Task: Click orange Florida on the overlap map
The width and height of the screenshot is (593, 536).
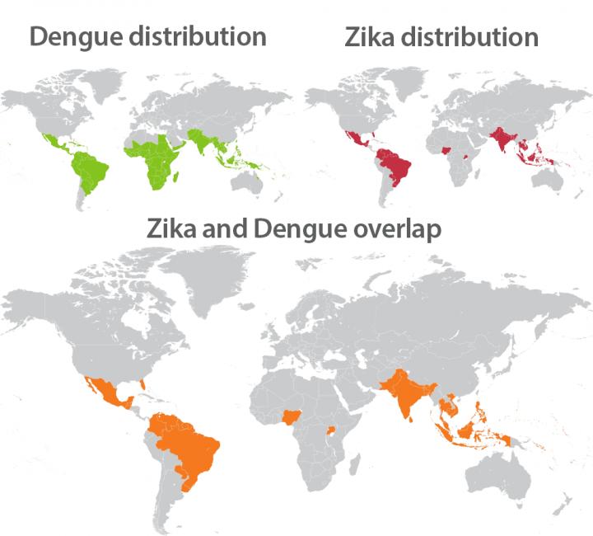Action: pyautogui.click(x=142, y=383)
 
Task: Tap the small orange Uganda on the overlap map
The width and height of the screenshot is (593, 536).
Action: pyautogui.click(x=332, y=429)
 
